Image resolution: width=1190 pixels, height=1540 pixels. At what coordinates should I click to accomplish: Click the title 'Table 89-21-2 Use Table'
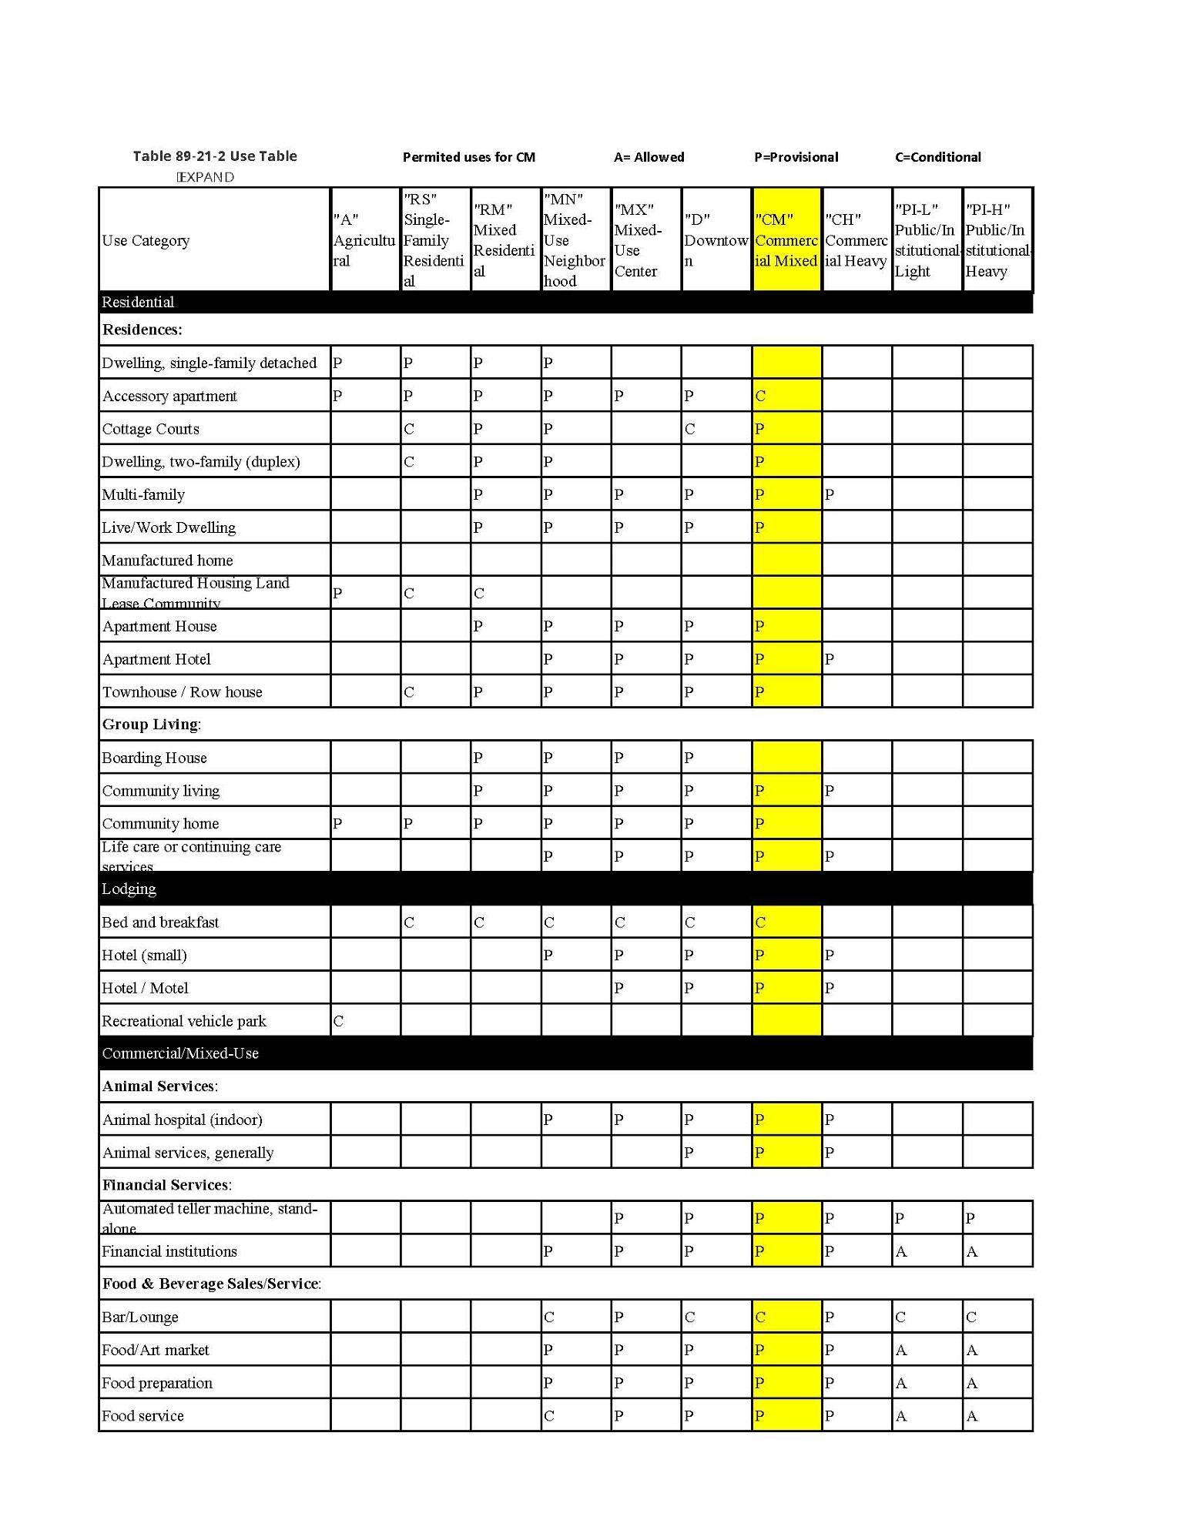214,156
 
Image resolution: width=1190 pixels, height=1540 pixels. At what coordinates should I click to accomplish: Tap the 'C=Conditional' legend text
937,157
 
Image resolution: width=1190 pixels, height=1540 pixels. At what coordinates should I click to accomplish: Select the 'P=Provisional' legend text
796,157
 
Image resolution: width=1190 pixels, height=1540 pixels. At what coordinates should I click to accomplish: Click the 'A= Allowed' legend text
649,157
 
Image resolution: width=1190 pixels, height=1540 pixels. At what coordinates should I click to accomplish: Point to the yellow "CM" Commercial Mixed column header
786,240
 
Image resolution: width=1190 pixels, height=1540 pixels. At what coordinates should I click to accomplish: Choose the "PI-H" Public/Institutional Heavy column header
997,240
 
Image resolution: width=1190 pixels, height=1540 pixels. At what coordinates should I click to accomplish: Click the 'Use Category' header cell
146,240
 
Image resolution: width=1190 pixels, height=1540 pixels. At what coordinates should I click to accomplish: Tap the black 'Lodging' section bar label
129,889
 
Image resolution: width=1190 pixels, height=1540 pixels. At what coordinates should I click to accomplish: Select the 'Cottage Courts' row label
150,429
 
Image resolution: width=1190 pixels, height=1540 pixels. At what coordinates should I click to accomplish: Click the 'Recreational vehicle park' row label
183,1021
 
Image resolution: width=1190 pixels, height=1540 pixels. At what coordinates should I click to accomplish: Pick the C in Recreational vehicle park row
338,1021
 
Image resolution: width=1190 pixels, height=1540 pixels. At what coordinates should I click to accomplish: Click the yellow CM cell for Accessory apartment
786,396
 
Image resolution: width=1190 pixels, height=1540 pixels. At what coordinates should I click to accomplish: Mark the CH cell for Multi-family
856,494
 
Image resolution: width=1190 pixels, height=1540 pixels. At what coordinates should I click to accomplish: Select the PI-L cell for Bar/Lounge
927,1317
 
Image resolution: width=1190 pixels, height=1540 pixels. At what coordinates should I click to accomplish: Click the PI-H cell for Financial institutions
997,1251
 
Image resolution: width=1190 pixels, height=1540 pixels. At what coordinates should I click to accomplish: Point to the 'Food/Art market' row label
155,1350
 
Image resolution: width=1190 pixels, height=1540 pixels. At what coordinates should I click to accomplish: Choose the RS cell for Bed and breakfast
435,922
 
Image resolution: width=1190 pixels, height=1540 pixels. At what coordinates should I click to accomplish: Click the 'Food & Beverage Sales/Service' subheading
211,1284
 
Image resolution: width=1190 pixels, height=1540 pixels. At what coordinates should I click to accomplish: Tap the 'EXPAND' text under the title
205,177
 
